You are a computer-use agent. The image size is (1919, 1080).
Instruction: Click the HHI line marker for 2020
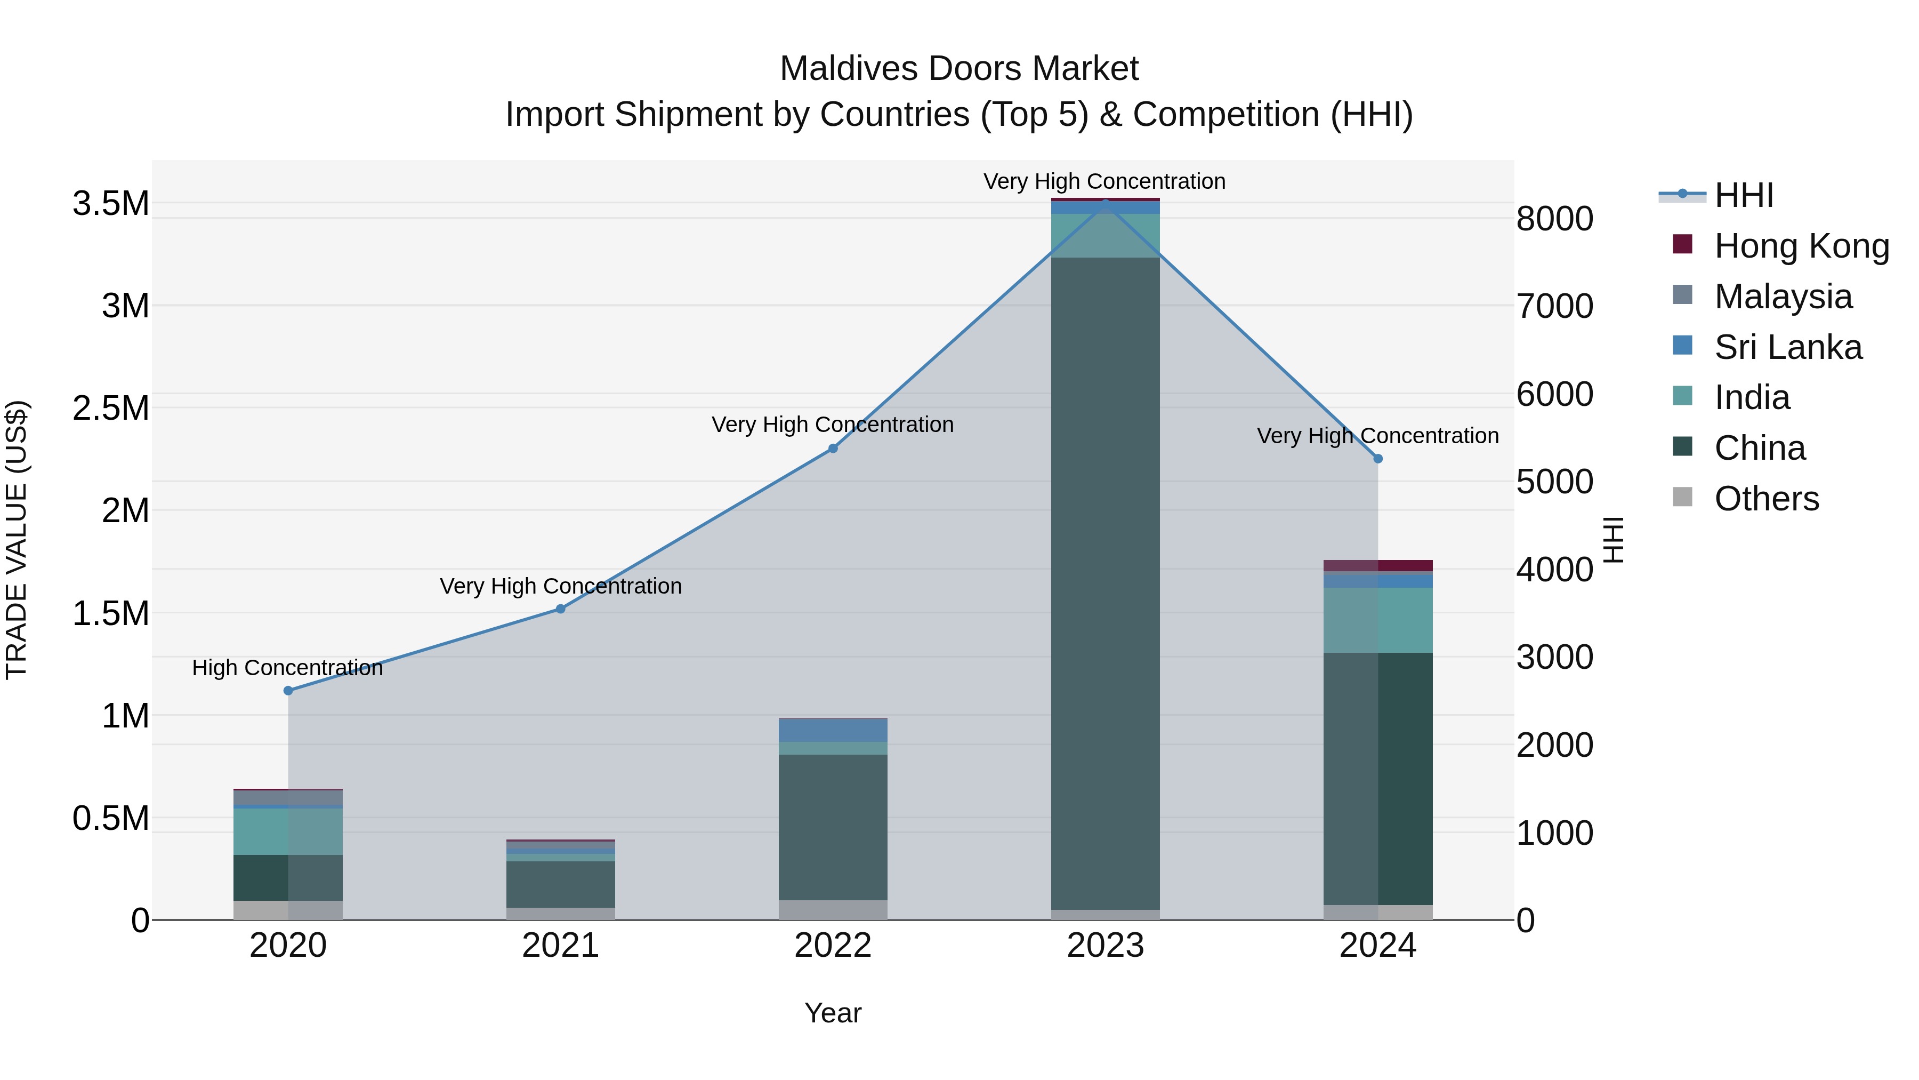coord(288,690)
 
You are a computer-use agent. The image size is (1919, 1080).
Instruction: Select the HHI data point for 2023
coord(1106,203)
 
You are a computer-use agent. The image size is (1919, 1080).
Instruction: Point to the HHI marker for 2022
coord(833,448)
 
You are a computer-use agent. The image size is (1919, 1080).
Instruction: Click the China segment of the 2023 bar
coord(1106,581)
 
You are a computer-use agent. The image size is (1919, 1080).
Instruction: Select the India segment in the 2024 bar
coord(1378,620)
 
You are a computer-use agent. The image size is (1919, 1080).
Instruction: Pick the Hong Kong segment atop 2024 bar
coord(1378,565)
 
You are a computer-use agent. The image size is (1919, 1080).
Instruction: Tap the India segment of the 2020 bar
coord(288,831)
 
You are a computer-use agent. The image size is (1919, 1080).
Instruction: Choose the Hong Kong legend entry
coord(1801,246)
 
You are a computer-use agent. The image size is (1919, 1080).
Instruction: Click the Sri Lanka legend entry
coord(1788,347)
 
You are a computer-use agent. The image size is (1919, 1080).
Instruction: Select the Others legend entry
coord(1767,499)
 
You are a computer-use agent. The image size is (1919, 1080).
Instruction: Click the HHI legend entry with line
coord(1743,195)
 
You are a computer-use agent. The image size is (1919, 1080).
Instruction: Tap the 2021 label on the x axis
coord(560,946)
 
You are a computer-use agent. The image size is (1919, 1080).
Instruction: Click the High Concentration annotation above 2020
coord(287,668)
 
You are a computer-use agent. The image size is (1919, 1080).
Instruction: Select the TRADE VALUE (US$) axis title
coord(17,540)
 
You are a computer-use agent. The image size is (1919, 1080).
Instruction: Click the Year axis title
coord(833,1013)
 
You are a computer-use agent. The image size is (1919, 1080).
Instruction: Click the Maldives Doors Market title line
coord(959,69)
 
